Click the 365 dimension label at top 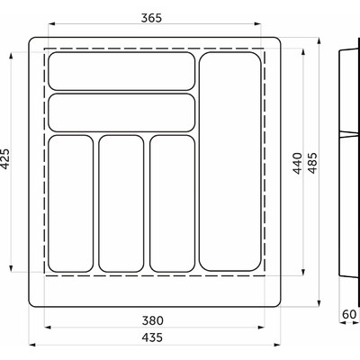coord(151,18)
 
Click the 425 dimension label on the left coord(5,159)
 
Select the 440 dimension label coord(298,163)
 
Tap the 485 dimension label coord(312,163)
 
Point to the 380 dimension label coord(153,320)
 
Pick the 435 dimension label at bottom coord(152,337)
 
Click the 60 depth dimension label coord(349,314)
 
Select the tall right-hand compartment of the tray coord(230,161)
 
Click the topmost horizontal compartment coord(121,71)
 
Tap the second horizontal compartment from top coord(121,112)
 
